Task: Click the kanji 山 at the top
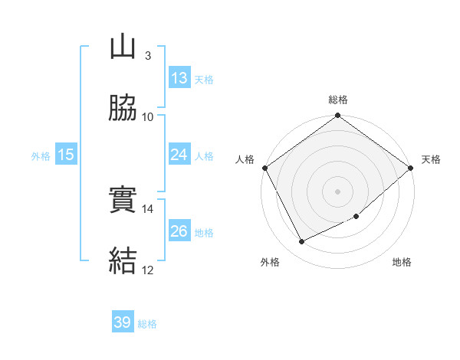(x=123, y=47)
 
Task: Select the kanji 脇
(x=123, y=109)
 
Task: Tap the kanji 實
(x=123, y=201)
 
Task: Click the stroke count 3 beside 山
(x=147, y=55)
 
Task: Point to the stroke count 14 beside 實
(x=148, y=208)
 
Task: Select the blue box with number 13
(x=179, y=78)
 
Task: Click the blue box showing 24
(x=179, y=155)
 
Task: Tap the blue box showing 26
(x=179, y=231)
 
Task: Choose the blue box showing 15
(x=66, y=155)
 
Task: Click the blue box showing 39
(x=123, y=322)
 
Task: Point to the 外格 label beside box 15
(x=41, y=155)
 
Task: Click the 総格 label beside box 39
(x=147, y=324)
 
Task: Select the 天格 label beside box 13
(x=203, y=79)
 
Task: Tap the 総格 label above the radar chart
(x=338, y=100)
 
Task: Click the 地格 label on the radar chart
(x=402, y=263)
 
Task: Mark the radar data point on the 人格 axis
(x=265, y=168)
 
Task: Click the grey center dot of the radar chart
(x=338, y=191)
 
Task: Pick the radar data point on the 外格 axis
(x=302, y=242)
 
